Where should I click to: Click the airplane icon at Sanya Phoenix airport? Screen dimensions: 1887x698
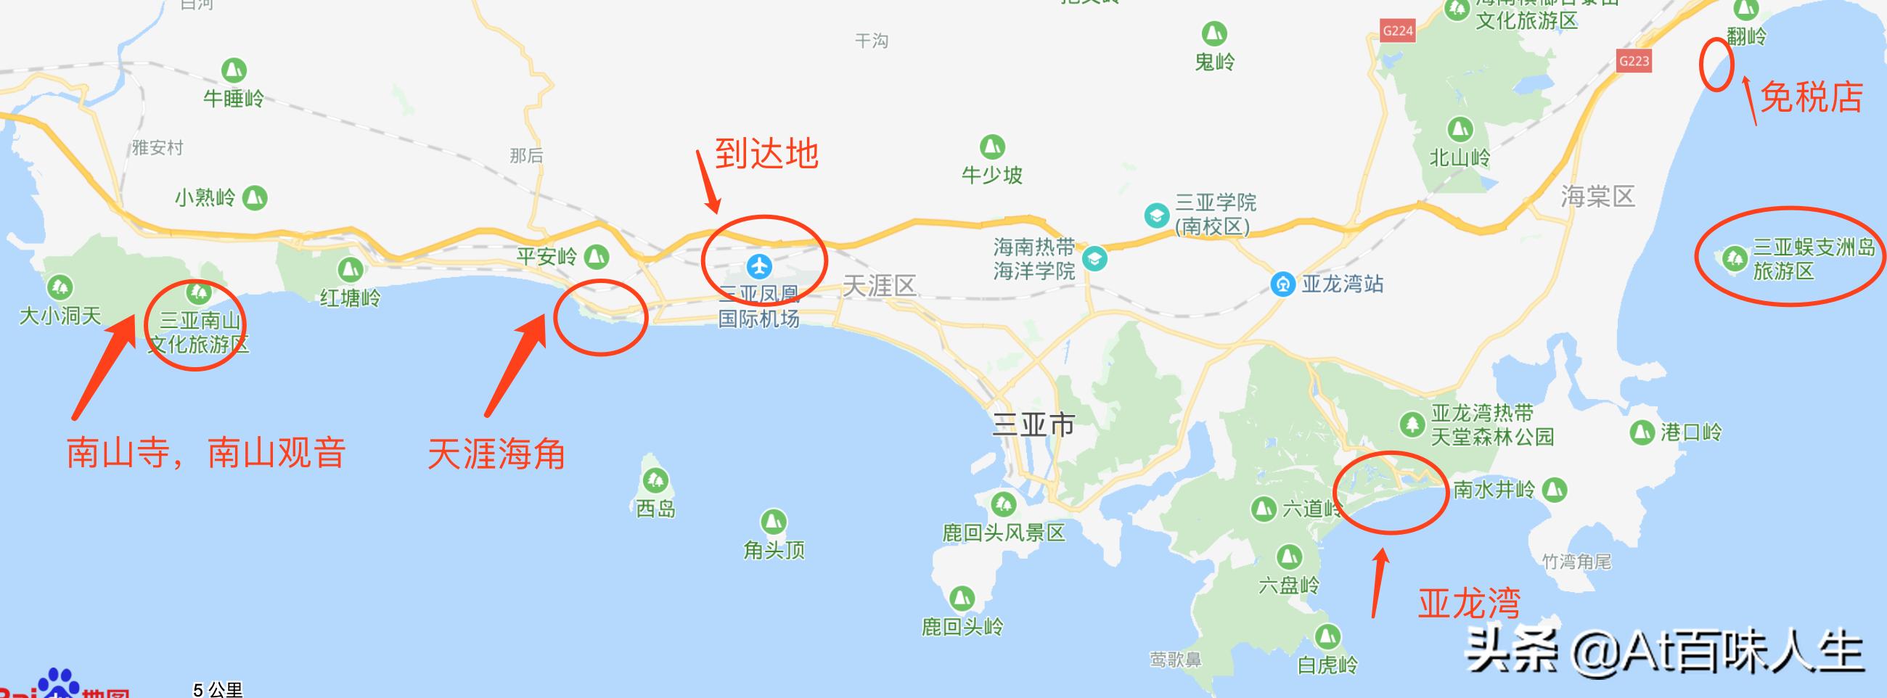pyautogui.click(x=760, y=265)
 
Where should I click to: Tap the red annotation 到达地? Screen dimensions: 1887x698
pyautogui.click(x=766, y=154)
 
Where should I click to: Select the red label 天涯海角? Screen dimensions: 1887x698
pyautogui.click(x=496, y=453)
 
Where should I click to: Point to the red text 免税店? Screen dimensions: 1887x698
pyautogui.click(x=1811, y=97)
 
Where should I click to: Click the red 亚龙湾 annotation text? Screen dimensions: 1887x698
pyautogui.click(x=1469, y=604)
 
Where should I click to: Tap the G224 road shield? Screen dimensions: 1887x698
pyautogui.click(x=1397, y=30)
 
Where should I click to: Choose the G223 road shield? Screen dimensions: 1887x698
pyautogui.click(x=1634, y=61)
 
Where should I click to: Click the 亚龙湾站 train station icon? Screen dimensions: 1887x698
pyautogui.click(x=1282, y=284)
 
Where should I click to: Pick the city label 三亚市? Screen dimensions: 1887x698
pyautogui.click(x=1033, y=424)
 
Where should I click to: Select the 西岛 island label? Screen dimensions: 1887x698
pyautogui.click(x=655, y=509)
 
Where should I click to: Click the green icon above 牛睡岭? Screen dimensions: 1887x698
pyautogui.click(x=234, y=70)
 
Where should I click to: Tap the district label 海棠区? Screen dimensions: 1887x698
pyautogui.click(x=1597, y=197)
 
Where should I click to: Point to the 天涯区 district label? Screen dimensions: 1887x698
pyautogui.click(x=879, y=285)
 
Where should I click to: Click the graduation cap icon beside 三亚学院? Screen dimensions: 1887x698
pyautogui.click(x=1157, y=215)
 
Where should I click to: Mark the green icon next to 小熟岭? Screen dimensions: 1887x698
pyautogui.click(x=255, y=197)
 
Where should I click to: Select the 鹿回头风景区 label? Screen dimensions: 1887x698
pyautogui.click(x=1003, y=533)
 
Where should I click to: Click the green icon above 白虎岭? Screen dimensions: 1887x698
pyautogui.click(x=1327, y=636)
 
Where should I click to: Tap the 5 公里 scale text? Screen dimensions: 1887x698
pyautogui.click(x=218, y=689)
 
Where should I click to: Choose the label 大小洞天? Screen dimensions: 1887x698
pyautogui.click(x=60, y=316)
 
